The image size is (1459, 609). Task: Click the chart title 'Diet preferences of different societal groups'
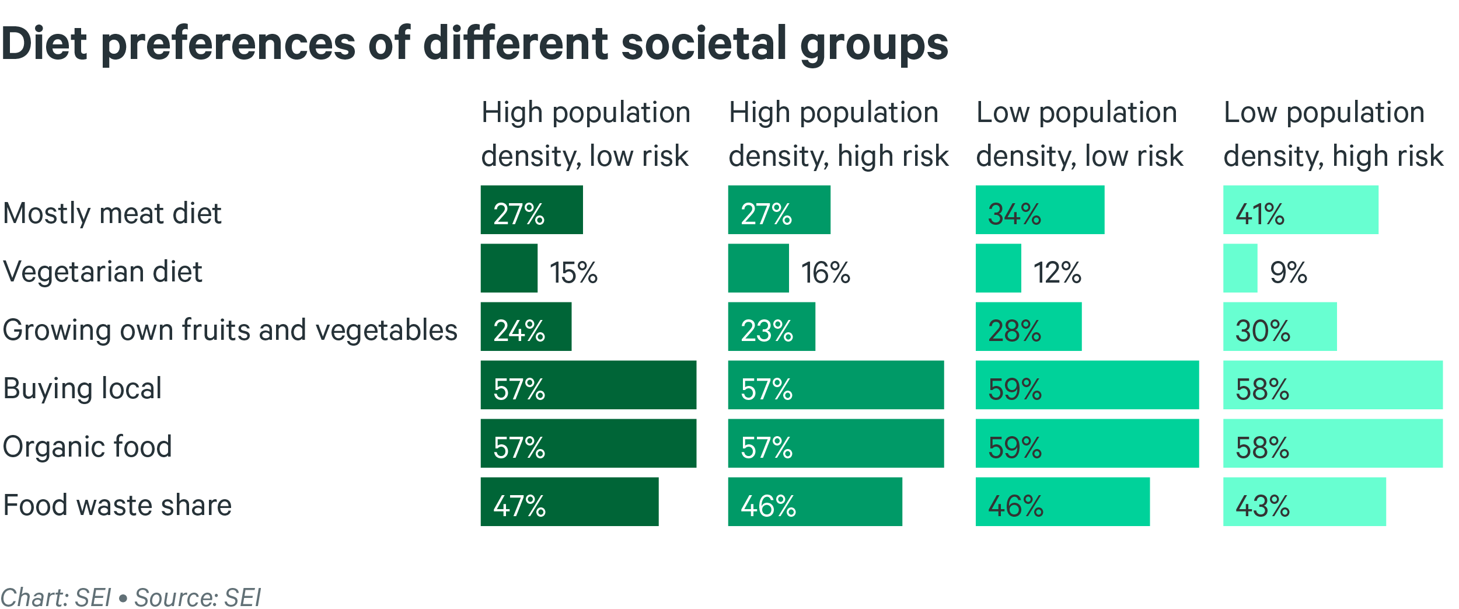[x=474, y=44]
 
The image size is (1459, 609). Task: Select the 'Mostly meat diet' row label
[x=112, y=213]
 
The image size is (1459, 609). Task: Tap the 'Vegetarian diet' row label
[x=103, y=272]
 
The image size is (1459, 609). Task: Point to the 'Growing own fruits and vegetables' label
[x=230, y=330]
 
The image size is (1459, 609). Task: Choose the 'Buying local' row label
[x=82, y=388]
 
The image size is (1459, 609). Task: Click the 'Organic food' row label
[x=88, y=447]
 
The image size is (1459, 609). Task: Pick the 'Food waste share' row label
[x=117, y=505]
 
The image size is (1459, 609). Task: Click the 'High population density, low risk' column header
[x=585, y=134]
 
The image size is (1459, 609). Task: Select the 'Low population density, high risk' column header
[x=1333, y=134]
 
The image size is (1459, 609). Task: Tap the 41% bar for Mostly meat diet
[x=1300, y=210]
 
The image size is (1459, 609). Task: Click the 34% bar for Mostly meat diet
[x=1039, y=210]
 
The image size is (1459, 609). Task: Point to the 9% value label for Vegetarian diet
[x=1288, y=272]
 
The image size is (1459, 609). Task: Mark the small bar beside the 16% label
[x=758, y=268]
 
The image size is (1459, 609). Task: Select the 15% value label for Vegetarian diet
[x=574, y=272]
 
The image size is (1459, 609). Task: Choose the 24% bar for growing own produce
[x=526, y=326]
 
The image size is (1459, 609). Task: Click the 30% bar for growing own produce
[x=1279, y=326]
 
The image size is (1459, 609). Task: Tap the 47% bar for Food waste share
[x=569, y=502]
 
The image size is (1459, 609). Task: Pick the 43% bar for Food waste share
[x=1304, y=502]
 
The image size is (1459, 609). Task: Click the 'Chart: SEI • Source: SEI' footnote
[x=131, y=597]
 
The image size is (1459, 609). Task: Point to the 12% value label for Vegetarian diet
[x=1057, y=272]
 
